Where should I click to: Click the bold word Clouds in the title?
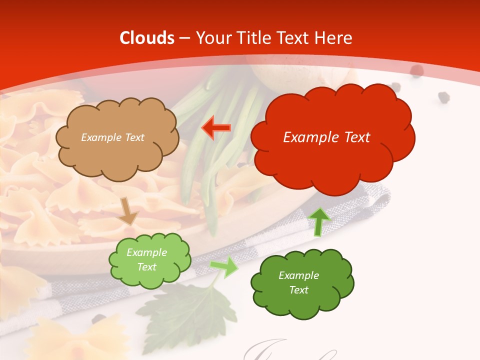[147, 38]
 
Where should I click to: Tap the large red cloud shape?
[332, 150]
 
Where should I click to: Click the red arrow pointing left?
[216, 128]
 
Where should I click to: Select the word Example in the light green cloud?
[146, 252]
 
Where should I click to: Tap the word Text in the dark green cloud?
[298, 290]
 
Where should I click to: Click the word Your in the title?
[212, 38]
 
